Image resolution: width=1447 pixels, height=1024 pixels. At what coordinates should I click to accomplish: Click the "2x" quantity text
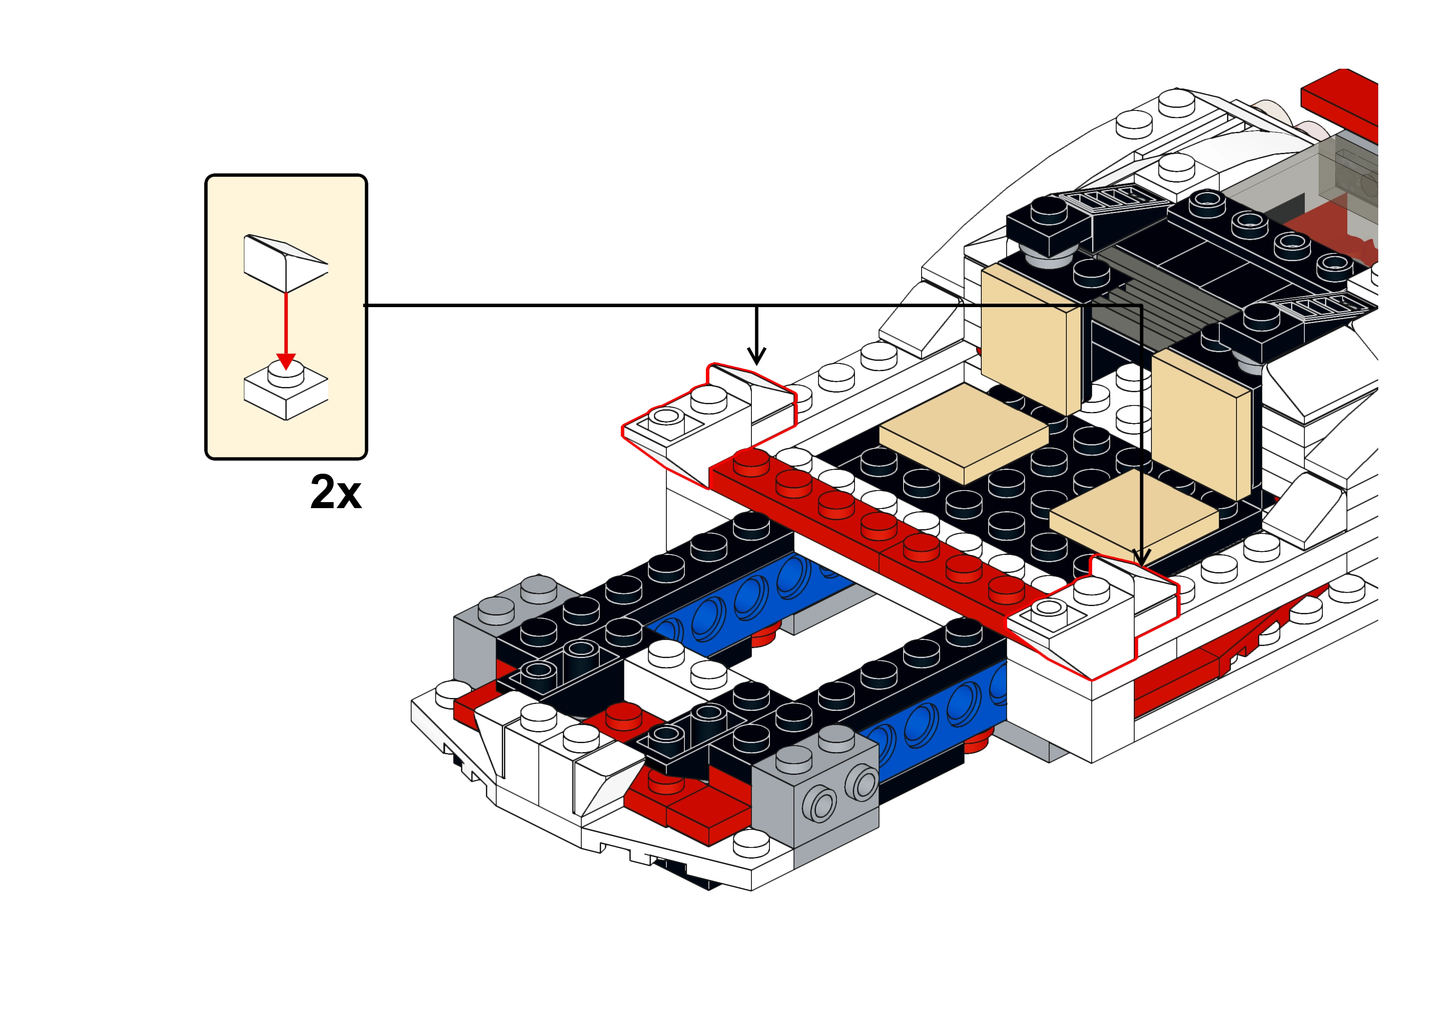pos(336,492)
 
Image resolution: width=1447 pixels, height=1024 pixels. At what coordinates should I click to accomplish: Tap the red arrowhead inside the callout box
pos(286,361)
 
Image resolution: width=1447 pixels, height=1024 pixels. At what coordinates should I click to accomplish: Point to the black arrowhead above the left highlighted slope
pos(756,356)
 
